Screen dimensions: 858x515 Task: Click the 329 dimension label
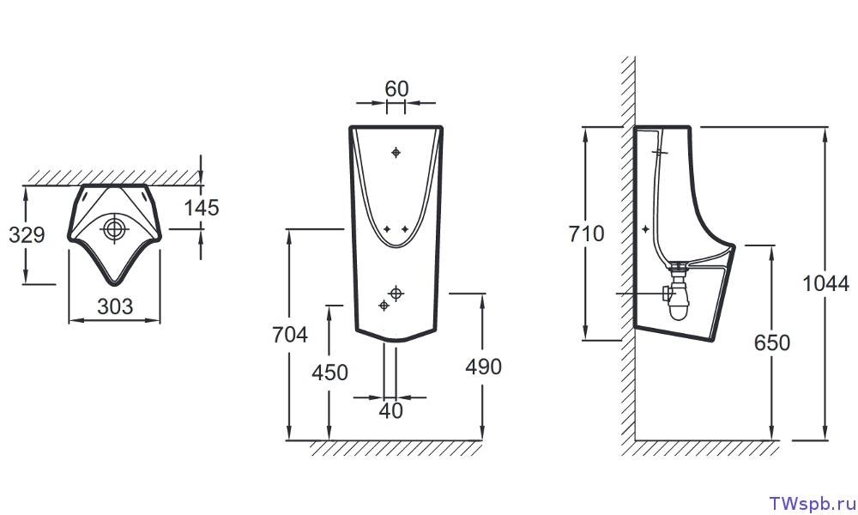pyautogui.click(x=27, y=235)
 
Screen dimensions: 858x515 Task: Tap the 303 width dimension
pyautogui.click(x=115, y=306)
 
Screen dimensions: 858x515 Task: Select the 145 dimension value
pyautogui.click(x=202, y=208)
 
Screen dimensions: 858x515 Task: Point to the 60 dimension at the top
pyautogui.click(x=396, y=88)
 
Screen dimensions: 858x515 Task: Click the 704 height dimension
pyautogui.click(x=290, y=335)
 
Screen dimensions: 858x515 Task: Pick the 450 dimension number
pyautogui.click(x=330, y=373)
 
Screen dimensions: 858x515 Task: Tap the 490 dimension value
pyautogui.click(x=484, y=367)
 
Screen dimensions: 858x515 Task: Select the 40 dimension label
pyautogui.click(x=390, y=410)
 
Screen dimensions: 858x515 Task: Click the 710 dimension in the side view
pyautogui.click(x=586, y=233)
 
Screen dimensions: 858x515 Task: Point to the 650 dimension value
pyautogui.click(x=772, y=343)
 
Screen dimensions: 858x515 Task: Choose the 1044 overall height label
pyautogui.click(x=825, y=284)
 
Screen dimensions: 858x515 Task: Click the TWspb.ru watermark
pyautogui.click(x=812, y=504)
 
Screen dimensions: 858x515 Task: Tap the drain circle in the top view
pyautogui.click(x=115, y=229)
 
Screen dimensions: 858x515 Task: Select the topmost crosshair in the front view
pyautogui.click(x=396, y=152)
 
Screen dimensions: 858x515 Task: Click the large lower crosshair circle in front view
pyautogui.click(x=396, y=294)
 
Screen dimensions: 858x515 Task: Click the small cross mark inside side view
pyautogui.click(x=646, y=229)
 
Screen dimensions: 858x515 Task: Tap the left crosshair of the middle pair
pyautogui.click(x=387, y=229)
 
